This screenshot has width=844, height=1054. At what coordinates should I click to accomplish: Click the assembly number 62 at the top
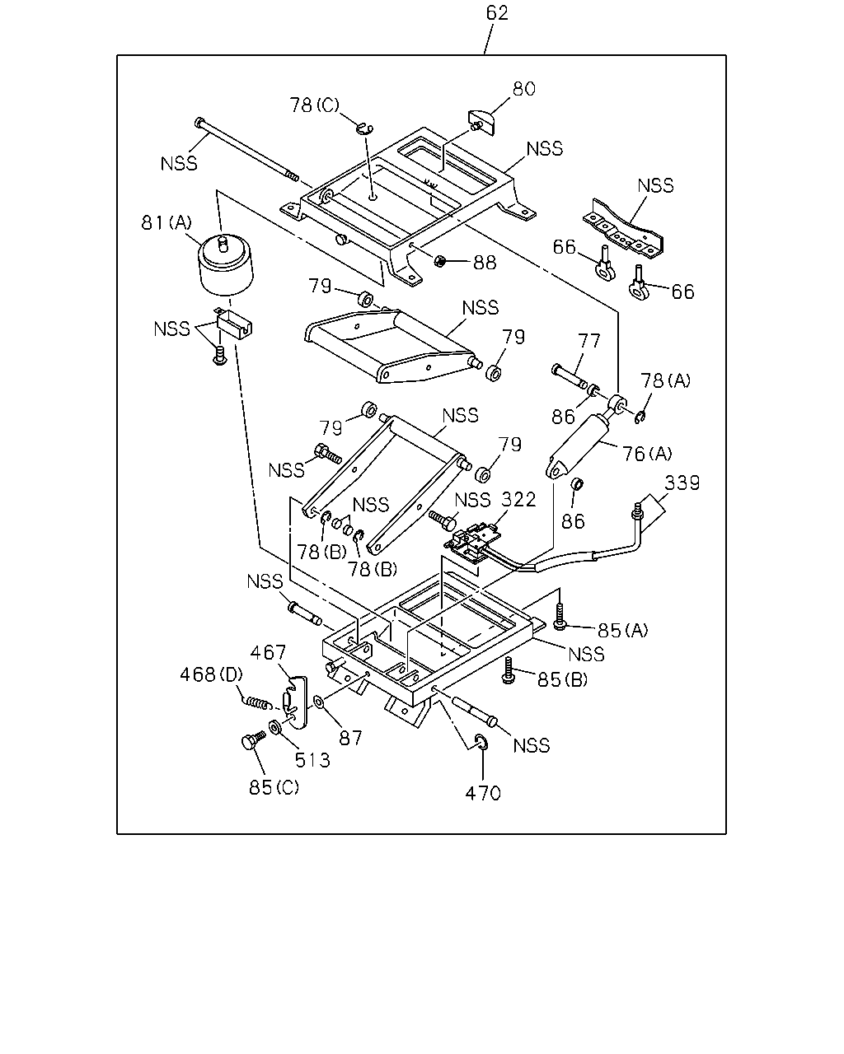coord(497,13)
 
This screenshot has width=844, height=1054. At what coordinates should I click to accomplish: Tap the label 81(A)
coord(166,223)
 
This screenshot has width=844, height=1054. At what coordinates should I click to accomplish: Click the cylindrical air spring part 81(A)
coord(226,264)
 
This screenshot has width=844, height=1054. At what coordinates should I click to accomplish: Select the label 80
coord(523,89)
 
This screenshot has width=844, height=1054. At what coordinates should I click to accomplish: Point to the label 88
coord(485,263)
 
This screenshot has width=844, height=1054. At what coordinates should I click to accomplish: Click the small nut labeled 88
coord(440,261)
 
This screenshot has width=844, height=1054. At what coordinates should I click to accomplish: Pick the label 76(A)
coord(647,454)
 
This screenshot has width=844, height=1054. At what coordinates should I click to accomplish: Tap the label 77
coord(588,340)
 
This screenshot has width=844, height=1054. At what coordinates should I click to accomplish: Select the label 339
coord(682,483)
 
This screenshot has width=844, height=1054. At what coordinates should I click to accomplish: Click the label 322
coord(519,500)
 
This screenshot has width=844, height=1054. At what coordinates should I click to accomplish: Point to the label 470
coord(483,793)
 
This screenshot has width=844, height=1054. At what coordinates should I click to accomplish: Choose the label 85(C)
coord(274,787)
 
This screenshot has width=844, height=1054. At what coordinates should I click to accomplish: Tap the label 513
coord(312,760)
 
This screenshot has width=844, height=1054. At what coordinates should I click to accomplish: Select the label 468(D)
coord(211,674)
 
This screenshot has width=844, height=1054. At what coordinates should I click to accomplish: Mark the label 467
coord(268,652)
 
